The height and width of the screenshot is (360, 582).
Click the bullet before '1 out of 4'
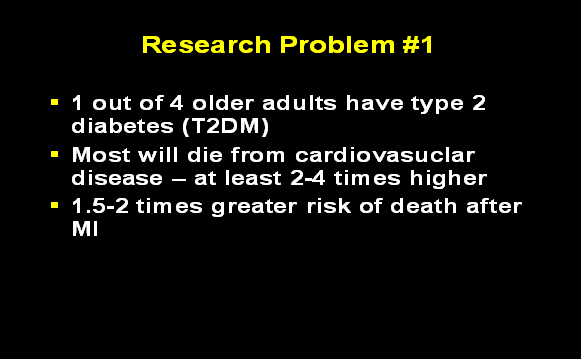[55, 102]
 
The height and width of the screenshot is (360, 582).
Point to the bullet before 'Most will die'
[55, 155]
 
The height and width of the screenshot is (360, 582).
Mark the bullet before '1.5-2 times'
[55, 207]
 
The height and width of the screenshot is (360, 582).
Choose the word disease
[114, 180]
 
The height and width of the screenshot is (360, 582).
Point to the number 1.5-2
[105, 207]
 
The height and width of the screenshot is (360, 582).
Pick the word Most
[101, 155]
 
